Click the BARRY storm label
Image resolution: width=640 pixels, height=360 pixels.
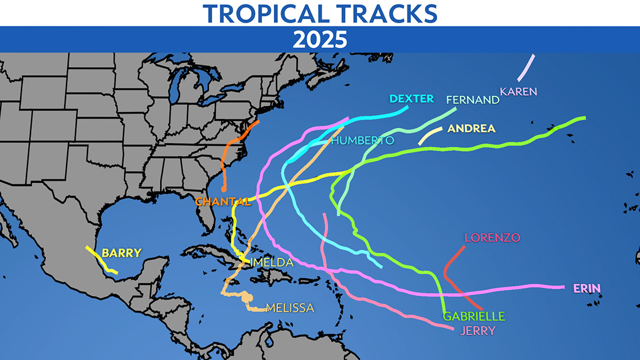121,253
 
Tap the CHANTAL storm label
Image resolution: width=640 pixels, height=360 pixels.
222,201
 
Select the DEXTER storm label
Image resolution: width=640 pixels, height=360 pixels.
411,99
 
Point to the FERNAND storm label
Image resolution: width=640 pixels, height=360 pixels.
472,100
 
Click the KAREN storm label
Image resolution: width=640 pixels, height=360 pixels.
518,91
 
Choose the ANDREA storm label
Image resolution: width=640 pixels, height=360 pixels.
471,129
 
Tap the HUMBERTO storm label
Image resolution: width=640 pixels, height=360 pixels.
362,141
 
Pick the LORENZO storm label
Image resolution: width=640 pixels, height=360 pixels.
492,238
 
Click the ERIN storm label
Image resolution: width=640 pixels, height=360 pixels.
587,289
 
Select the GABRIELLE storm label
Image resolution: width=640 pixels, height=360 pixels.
474,316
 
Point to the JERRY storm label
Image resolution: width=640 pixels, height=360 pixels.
477,331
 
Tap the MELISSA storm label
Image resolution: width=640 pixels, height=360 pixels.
290,308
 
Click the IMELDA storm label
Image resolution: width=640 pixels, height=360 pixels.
271,262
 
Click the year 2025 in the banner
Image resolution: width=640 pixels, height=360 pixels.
319,39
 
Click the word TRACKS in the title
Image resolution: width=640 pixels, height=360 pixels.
388,13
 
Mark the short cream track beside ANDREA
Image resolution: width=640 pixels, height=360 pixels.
430,135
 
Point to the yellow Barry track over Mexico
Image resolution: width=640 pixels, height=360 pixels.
102,261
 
